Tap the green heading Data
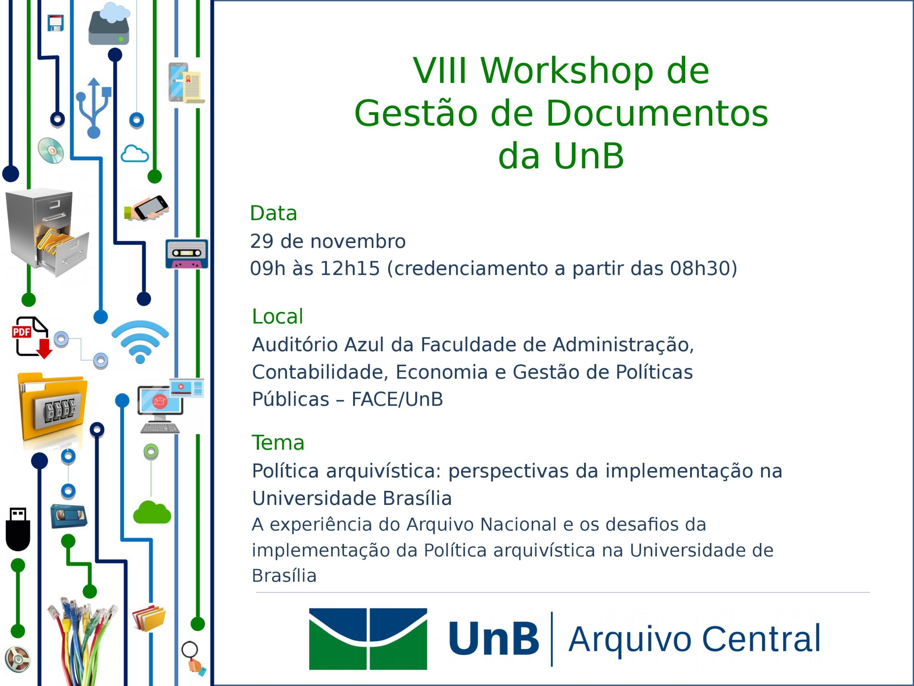click(273, 213)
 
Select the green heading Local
click(278, 317)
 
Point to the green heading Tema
click(278, 443)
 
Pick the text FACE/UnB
click(397, 399)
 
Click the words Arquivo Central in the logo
click(694, 639)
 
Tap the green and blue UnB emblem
click(368, 639)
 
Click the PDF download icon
click(32, 337)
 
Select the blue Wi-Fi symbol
click(140, 342)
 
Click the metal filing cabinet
click(47, 232)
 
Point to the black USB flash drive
click(18, 529)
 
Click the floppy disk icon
click(55, 23)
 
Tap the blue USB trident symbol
click(94, 108)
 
